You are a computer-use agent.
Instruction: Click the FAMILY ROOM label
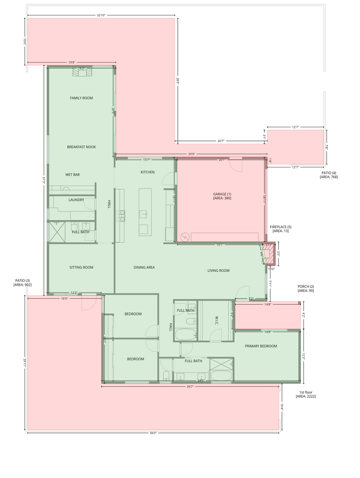[81, 98]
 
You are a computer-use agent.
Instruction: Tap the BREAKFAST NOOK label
[81, 147]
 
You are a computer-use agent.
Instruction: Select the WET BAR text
[72, 175]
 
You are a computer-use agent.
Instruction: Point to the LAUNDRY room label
[76, 200]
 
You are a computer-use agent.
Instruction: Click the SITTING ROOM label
[81, 267]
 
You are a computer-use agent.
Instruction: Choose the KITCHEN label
[147, 172]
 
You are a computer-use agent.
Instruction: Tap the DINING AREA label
[144, 267]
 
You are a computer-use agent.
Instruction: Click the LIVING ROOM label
[218, 270]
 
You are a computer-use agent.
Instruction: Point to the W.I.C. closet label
[217, 320]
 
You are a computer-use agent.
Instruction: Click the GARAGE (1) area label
[222, 196]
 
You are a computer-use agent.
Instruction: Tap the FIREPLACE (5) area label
[281, 229]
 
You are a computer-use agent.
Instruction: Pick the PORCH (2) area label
[306, 288]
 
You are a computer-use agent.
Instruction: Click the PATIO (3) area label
[22, 283]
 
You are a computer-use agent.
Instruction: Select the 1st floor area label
[306, 394]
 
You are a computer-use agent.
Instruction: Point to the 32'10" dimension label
[101, 15]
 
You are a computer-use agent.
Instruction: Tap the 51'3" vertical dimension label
[44, 180]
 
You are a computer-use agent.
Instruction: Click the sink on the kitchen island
[143, 214]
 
